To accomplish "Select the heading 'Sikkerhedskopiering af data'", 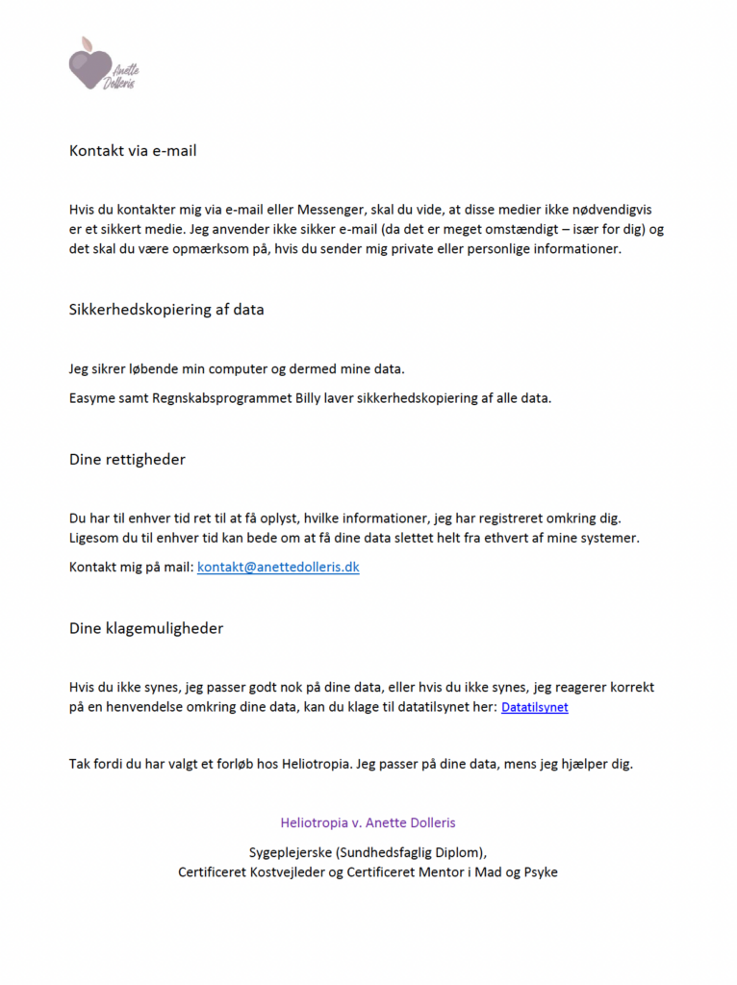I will coord(166,310).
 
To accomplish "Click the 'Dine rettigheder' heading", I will coord(127,460).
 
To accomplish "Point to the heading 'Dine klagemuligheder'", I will coord(146,628).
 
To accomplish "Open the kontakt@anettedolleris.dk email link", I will coord(278,568).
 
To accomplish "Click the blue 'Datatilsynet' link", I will coord(535,707).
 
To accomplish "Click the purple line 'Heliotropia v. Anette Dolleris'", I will coord(368,823).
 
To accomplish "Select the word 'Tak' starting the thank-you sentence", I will coord(80,765).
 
